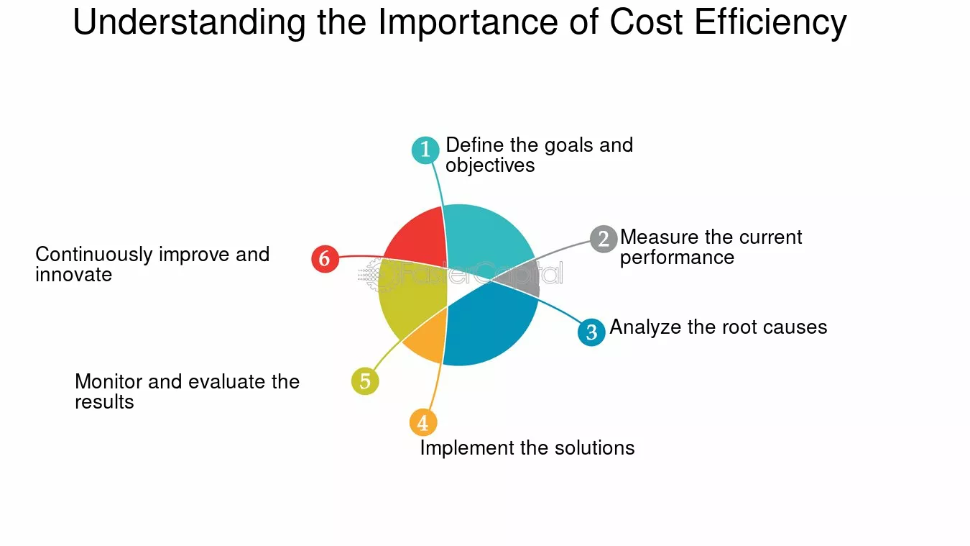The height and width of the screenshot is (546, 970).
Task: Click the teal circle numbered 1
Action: click(425, 150)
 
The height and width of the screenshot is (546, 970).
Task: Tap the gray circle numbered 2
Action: click(604, 239)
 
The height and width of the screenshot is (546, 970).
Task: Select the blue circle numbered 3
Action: click(591, 332)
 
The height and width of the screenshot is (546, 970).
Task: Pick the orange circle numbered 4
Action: click(423, 422)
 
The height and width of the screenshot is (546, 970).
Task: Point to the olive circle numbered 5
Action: click(365, 381)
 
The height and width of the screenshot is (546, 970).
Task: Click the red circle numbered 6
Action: click(325, 259)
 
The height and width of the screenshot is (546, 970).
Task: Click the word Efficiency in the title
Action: click(770, 23)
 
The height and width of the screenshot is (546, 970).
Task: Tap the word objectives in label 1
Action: click(490, 165)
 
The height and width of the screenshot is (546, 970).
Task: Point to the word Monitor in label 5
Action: click(108, 382)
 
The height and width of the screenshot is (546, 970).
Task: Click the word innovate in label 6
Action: click(73, 275)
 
